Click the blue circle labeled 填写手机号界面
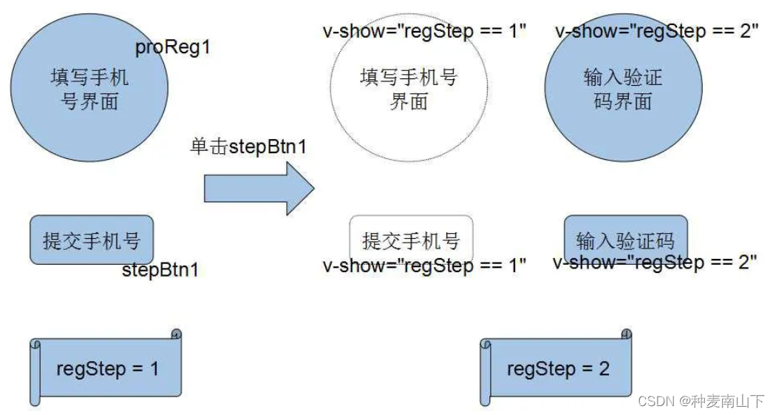[x=89, y=90]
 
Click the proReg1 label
[x=173, y=48]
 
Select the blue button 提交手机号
[x=91, y=240]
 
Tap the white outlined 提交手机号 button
[x=411, y=240]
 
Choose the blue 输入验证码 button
[x=625, y=240]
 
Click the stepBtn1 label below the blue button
[x=160, y=269]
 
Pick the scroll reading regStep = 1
[x=107, y=368]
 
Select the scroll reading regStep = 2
[x=557, y=368]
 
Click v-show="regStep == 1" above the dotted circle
[x=424, y=32]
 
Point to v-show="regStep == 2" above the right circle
[x=656, y=32]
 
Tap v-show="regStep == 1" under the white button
[x=424, y=265]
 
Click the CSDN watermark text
[x=700, y=401]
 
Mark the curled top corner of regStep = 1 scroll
[x=176, y=334]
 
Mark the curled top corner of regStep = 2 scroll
[x=627, y=334]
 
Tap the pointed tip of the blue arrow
[x=313, y=189]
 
